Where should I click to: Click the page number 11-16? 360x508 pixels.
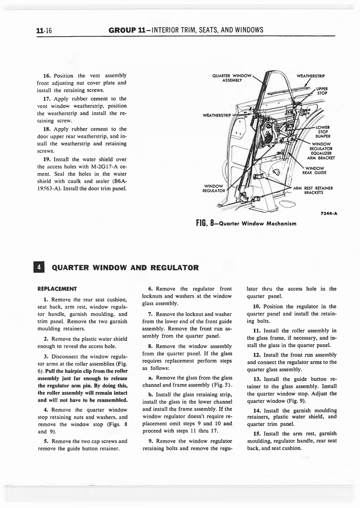click(x=44, y=31)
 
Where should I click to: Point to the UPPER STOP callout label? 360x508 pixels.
click(x=322, y=90)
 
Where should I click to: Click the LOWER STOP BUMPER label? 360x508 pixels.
click(x=323, y=131)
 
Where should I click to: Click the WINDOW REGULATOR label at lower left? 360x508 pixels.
click(x=215, y=188)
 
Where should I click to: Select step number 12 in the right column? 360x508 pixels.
click(x=256, y=355)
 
